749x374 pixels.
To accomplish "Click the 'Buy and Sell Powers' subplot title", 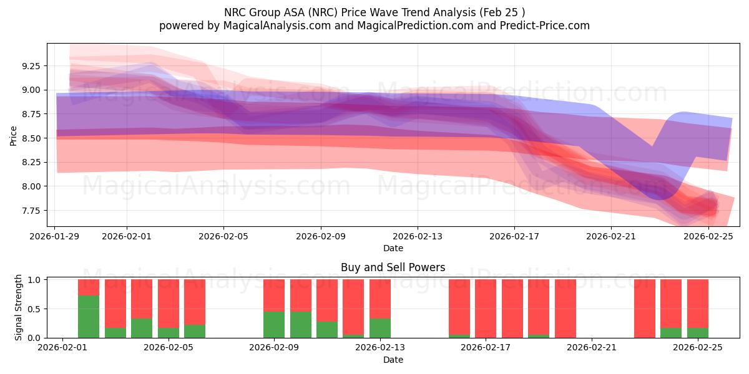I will (393, 267).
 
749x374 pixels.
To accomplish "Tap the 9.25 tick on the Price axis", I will (31, 66).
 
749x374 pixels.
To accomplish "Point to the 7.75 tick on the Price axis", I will (31, 211).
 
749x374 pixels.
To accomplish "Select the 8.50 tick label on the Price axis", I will (31, 138).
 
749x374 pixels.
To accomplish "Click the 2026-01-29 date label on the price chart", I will (54, 236).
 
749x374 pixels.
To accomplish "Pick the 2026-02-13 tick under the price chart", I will (418, 236).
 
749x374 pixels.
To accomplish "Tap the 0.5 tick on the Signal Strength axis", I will (35, 309).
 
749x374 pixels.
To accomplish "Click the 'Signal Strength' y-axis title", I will (19, 307).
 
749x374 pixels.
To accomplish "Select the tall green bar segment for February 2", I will (89, 317).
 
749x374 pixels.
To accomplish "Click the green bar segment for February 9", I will (274, 325).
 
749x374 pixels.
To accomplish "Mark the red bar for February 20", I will (565, 309).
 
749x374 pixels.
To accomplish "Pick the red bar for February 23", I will (645, 309).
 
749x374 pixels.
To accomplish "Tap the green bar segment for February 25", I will (698, 333).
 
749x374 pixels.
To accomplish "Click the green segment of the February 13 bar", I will (380, 328).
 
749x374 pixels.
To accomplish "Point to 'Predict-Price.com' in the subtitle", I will (545, 26).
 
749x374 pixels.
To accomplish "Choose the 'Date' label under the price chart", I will (393, 248).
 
